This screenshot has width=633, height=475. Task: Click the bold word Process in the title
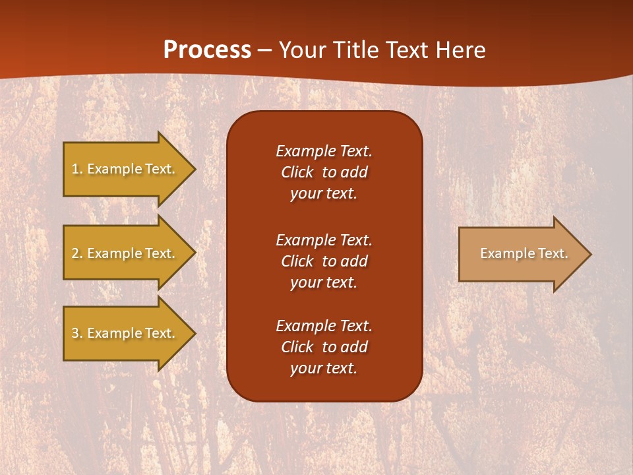pyautogui.click(x=207, y=50)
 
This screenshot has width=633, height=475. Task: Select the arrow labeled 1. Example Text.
pyautogui.click(x=125, y=169)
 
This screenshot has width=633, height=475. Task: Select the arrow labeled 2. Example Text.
pyautogui.click(x=125, y=253)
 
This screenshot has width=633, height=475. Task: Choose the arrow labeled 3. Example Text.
pyautogui.click(x=125, y=333)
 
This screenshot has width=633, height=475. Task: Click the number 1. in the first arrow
pyautogui.click(x=77, y=169)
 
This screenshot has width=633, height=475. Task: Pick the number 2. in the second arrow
pyautogui.click(x=77, y=253)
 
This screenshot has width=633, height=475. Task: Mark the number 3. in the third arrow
pyautogui.click(x=77, y=333)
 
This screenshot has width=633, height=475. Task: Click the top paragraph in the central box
pyautogui.click(x=324, y=172)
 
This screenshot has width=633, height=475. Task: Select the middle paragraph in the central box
pyautogui.click(x=324, y=261)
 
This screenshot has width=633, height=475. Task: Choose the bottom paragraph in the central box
pyautogui.click(x=324, y=347)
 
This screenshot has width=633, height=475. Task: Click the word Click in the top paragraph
pyautogui.click(x=297, y=172)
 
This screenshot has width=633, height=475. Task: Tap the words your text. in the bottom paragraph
pyautogui.click(x=324, y=368)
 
